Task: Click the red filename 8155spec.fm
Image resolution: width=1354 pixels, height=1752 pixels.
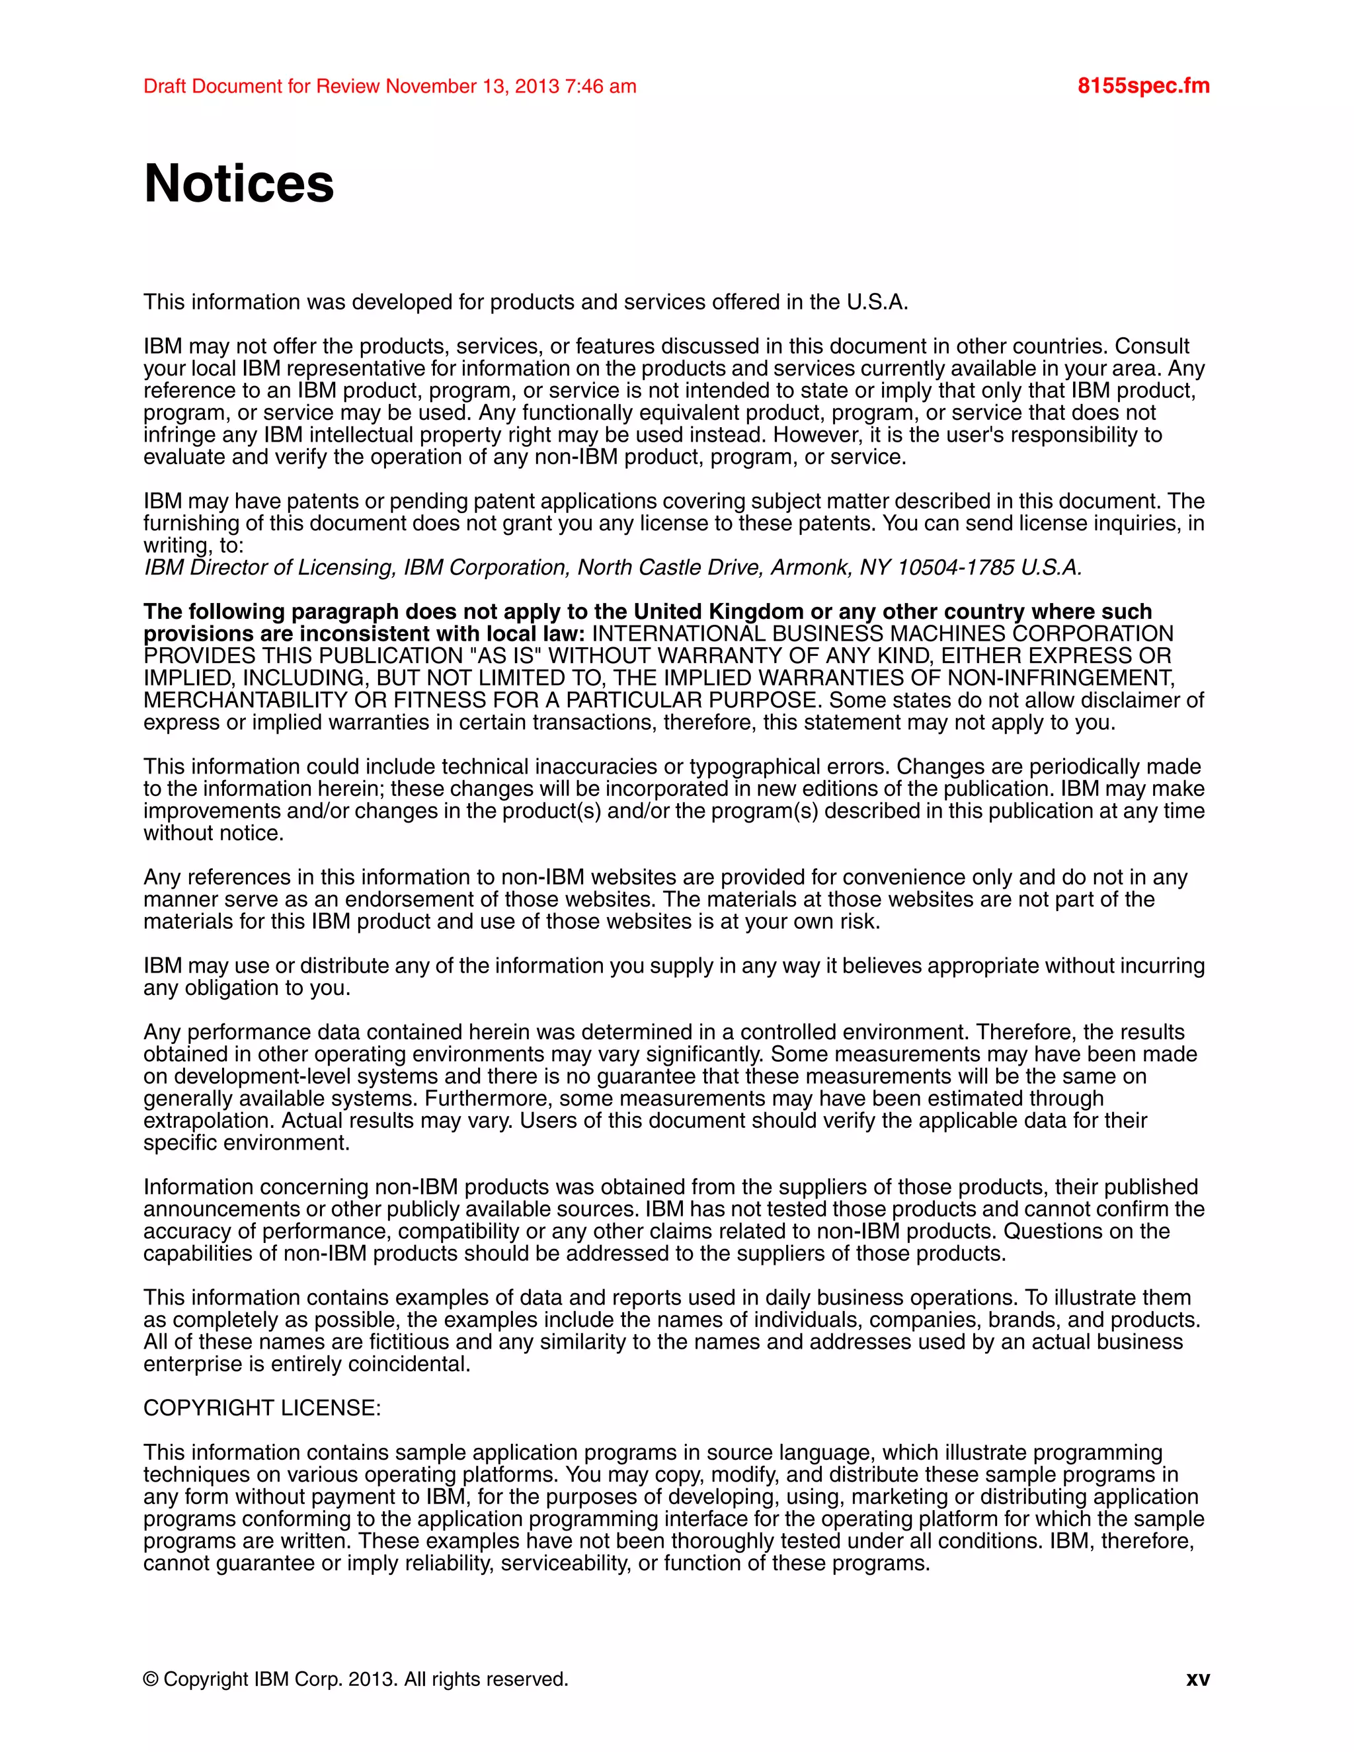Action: [1143, 86]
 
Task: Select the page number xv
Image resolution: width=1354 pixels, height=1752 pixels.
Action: [1197, 1679]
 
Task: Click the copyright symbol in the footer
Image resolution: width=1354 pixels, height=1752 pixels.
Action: [150, 1679]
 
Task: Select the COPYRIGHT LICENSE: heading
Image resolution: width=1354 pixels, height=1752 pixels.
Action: [262, 1408]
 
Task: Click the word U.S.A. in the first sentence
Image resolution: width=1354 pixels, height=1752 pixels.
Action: [877, 302]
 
